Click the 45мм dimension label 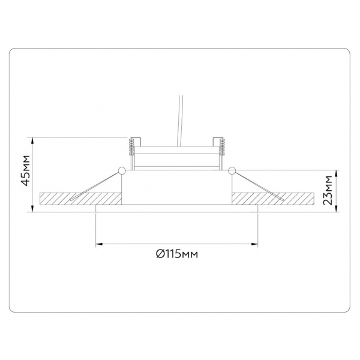tap(25, 170)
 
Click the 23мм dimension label tap(327, 190)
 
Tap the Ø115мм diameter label tap(177, 254)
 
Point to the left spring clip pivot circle tap(121, 170)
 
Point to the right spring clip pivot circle tap(232, 170)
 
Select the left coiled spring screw tap(132, 148)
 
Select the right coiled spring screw tap(221, 148)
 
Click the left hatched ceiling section tap(80, 199)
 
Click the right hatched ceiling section tap(273, 199)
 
